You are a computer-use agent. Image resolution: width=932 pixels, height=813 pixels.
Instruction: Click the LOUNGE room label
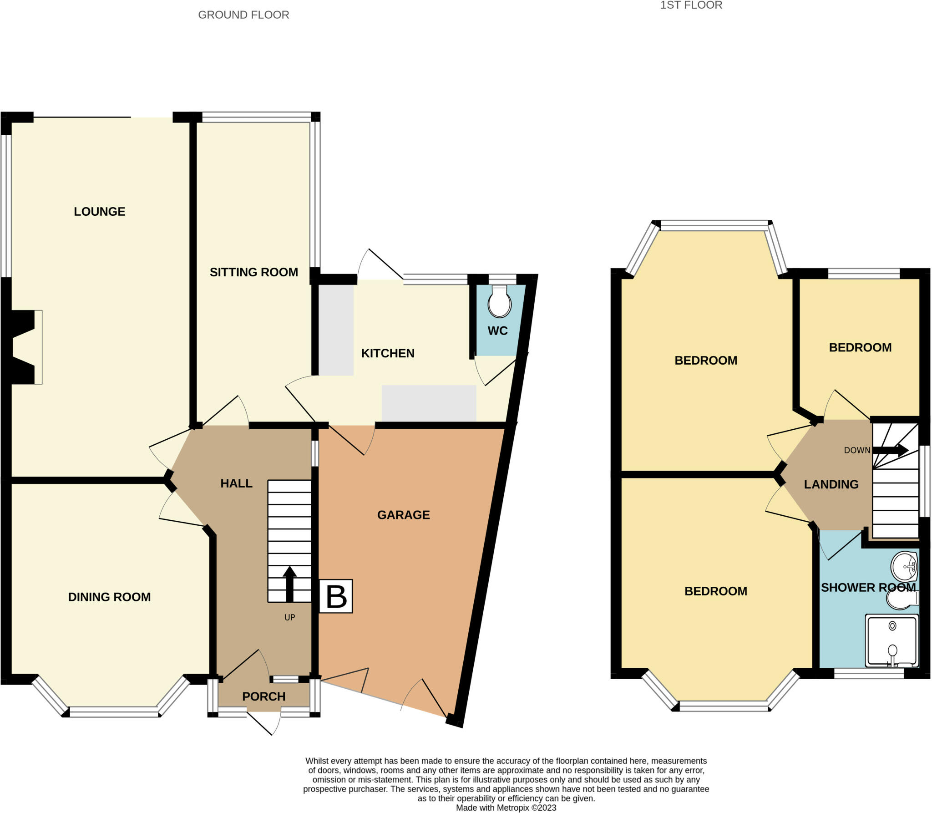(x=99, y=211)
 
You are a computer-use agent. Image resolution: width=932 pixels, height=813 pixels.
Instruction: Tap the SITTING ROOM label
(x=253, y=272)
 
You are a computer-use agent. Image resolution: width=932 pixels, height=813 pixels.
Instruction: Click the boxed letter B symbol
(x=336, y=596)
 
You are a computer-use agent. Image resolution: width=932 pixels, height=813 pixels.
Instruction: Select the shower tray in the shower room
(x=891, y=641)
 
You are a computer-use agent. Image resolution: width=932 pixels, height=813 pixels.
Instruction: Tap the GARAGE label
(x=403, y=515)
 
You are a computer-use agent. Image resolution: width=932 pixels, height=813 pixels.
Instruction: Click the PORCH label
(x=263, y=696)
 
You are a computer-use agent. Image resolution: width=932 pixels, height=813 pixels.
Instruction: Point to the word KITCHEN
(x=387, y=353)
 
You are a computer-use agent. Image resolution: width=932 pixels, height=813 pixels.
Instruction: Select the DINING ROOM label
(x=109, y=597)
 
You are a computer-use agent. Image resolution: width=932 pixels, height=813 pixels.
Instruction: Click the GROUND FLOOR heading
(x=243, y=15)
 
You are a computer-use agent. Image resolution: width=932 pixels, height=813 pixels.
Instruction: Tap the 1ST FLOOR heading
(x=691, y=5)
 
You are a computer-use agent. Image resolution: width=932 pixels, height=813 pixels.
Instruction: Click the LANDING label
(x=831, y=484)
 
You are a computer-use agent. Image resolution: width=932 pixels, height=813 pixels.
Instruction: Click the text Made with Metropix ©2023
(x=506, y=808)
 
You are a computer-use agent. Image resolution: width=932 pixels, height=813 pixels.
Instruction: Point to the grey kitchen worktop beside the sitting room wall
(x=336, y=330)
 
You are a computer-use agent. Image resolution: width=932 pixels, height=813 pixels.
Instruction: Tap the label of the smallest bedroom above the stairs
(x=860, y=347)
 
